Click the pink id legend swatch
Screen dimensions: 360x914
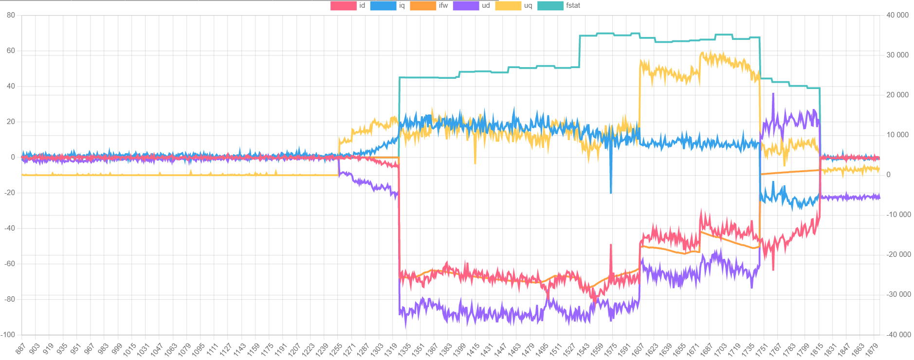click(343, 6)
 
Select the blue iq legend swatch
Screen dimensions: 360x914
click(383, 6)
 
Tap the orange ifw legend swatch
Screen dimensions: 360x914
click(422, 6)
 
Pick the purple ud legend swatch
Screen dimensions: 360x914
click(466, 6)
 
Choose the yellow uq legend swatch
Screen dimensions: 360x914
click(508, 6)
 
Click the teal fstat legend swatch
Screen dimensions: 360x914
click(550, 6)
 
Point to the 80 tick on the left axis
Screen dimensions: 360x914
click(11, 15)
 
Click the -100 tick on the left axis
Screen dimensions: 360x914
click(8, 335)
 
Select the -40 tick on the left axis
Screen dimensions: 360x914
click(10, 228)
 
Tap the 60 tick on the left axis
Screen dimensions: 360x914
click(11, 51)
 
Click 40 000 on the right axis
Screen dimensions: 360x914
click(897, 15)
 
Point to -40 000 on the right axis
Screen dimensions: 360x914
click(898, 335)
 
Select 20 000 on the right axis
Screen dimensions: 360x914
click(897, 95)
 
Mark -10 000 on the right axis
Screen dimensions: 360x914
click(898, 215)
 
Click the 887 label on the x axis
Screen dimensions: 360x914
click(20, 348)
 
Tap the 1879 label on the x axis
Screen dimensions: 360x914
click(872, 349)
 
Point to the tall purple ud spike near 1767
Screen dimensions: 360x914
click(773, 94)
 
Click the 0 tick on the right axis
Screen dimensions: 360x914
click(888, 175)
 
